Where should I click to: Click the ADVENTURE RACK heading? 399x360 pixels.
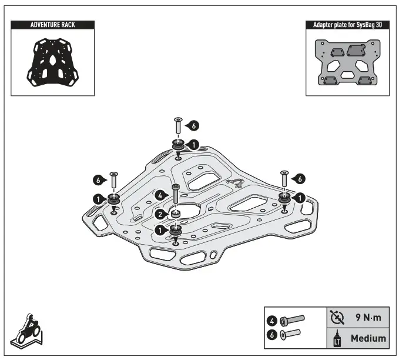pyautogui.click(x=52, y=25)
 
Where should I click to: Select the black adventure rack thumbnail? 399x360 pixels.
pyautogui.click(x=52, y=61)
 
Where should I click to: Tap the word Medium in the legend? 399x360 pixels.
pyautogui.click(x=368, y=338)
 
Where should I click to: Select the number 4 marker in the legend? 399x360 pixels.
pyautogui.click(x=272, y=321)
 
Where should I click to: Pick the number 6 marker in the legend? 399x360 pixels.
pyautogui.click(x=272, y=334)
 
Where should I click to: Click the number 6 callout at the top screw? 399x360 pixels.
pyautogui.click(x=194, y=125)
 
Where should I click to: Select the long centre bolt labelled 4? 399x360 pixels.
pyautogui.click(x=175, y=196)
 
